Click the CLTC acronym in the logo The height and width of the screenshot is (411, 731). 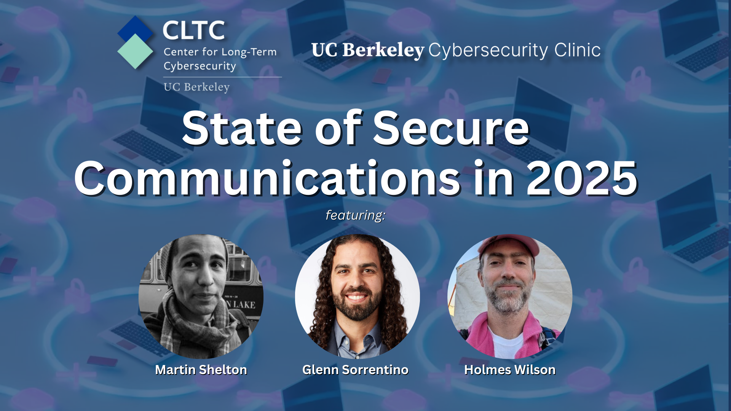pos(194,30)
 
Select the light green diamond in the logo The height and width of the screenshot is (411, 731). pos(135,52)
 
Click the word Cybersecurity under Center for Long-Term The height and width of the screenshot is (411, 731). pos(200,66)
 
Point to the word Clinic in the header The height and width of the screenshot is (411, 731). pos(577,50)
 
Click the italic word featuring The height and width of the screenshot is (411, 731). pos(355,215)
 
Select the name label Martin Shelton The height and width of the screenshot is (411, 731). pos(201,370)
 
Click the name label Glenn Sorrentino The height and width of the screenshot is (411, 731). pos(355,370)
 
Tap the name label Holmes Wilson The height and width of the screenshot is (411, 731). pos(510,370)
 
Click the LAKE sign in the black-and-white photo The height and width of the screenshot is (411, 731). pos(242,304)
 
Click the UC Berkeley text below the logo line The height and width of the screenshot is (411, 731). pos(196,87)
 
